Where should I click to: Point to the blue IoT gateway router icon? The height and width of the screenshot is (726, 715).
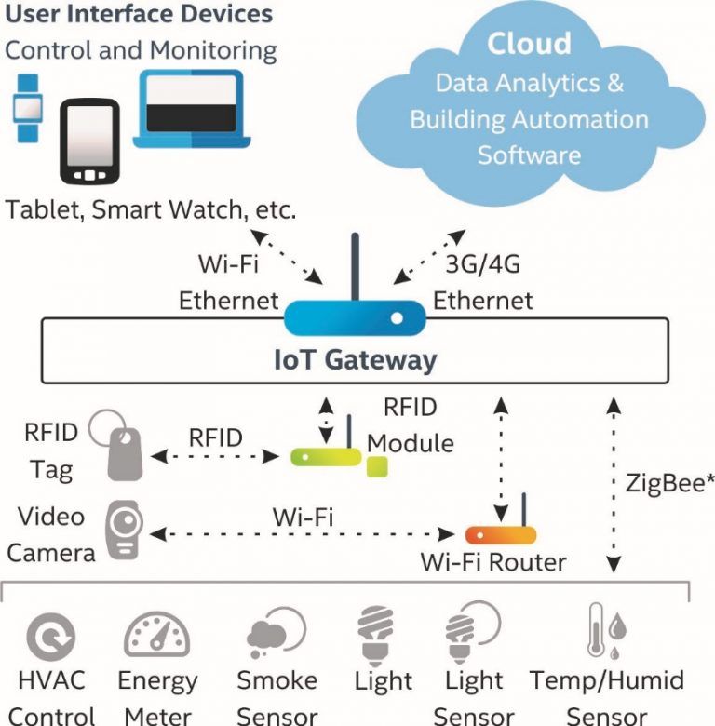355,316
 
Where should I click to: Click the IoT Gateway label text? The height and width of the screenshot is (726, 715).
355,359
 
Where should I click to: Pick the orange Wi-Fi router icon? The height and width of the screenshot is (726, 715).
500,533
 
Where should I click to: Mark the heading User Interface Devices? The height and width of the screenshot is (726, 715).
139,15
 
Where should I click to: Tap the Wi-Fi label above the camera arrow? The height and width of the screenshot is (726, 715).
303,517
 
